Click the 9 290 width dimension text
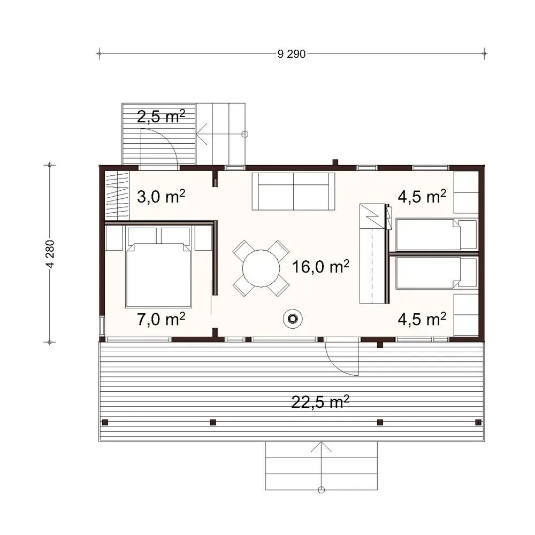292,53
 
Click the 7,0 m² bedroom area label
161,320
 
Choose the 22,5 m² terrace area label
321,401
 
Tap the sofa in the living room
293,191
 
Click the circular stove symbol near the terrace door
292,319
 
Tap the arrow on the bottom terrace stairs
321,449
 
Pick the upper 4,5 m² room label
422,197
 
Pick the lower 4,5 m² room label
422,320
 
